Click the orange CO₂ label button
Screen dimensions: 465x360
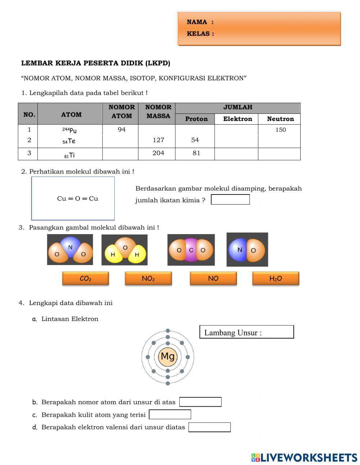85,278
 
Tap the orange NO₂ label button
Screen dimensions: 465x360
148,278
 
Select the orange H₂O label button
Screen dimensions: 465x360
276,278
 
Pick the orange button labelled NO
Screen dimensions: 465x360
213,278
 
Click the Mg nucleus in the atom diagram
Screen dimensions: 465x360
168,357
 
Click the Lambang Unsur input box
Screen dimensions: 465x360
247,332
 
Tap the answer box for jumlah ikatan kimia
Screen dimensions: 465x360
230,200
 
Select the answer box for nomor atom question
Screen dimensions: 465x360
200,402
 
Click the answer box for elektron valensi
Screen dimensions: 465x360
209,427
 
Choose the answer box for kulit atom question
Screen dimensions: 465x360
170,415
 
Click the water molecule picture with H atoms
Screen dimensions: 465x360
125,250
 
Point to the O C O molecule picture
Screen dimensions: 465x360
191,250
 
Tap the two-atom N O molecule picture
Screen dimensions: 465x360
247,250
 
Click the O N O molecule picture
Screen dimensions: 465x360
70,250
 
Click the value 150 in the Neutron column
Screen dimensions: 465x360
280,130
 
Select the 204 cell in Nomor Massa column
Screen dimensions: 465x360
158,153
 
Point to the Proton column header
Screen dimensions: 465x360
196,119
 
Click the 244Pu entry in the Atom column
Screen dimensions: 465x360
69,130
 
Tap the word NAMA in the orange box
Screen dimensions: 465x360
197,22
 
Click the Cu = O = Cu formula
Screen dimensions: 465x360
77,198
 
